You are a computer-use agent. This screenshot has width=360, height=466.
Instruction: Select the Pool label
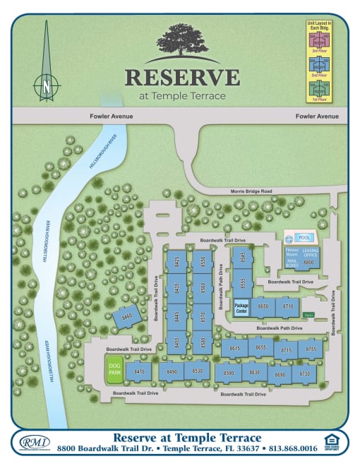pos(305,238)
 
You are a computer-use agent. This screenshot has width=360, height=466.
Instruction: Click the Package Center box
pos(241,307)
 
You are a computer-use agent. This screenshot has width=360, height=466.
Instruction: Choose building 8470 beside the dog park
pos(139,371)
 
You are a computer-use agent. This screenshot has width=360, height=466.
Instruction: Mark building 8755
pos(310,348)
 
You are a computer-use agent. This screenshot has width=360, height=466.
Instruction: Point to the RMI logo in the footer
pos(30,443)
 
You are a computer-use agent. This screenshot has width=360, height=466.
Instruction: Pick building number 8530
pos(198,371)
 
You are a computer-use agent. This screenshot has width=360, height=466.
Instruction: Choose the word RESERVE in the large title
pos(182,77)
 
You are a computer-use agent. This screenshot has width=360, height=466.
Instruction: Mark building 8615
pos(235,348)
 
